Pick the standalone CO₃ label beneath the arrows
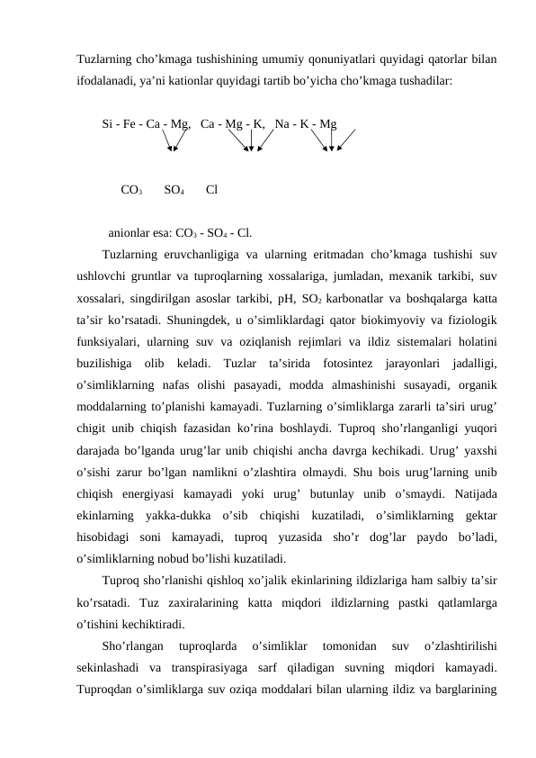click(130, 190)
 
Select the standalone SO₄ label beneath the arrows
click(174, 190)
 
